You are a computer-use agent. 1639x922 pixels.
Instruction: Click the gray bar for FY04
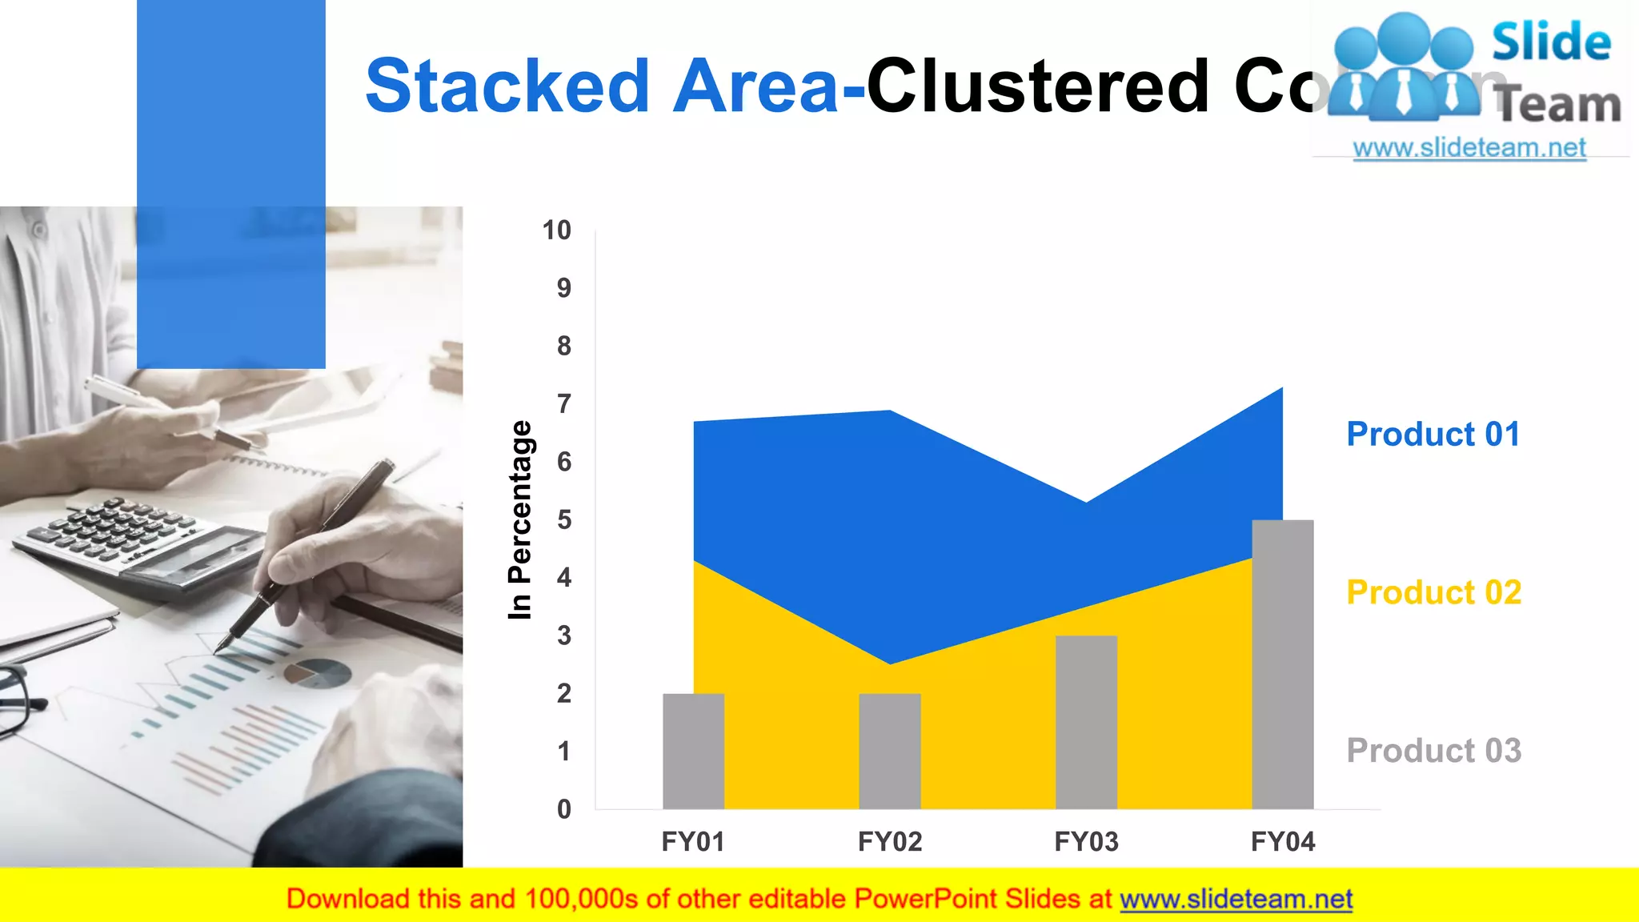click(1282, 664)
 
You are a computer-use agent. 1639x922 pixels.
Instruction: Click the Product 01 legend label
click(1433, 435)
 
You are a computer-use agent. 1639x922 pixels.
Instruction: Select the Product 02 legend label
click(1433, 593)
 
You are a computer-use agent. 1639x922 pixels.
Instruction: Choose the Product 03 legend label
click(1433, 751)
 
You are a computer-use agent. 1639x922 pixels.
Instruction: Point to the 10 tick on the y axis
click(556, 230)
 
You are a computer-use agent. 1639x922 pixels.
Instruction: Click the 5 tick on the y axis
click(564, 520)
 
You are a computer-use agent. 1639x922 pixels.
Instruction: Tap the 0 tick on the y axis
click(564, 809)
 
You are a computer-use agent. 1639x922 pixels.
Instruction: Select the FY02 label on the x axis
click(889, 842)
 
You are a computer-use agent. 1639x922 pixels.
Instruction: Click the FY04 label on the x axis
click(1282, 842)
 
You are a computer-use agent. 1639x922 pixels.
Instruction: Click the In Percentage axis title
click(519, 519)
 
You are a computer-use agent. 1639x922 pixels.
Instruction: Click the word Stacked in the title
click(507, 86)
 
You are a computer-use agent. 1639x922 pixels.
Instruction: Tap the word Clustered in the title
click(1038, 86)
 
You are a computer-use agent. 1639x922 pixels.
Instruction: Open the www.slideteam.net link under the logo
click(1469, 148)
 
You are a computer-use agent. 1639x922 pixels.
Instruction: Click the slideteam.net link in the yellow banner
click(1236, 900)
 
